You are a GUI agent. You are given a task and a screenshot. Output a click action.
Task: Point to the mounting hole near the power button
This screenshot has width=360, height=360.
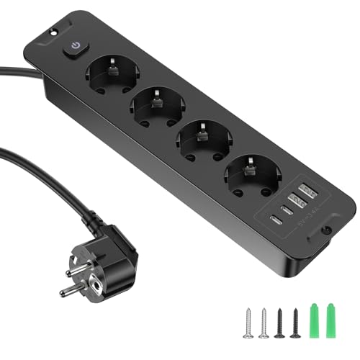tap(53, 34)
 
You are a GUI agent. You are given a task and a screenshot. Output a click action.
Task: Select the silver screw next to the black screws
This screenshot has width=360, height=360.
tap(264, 302)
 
